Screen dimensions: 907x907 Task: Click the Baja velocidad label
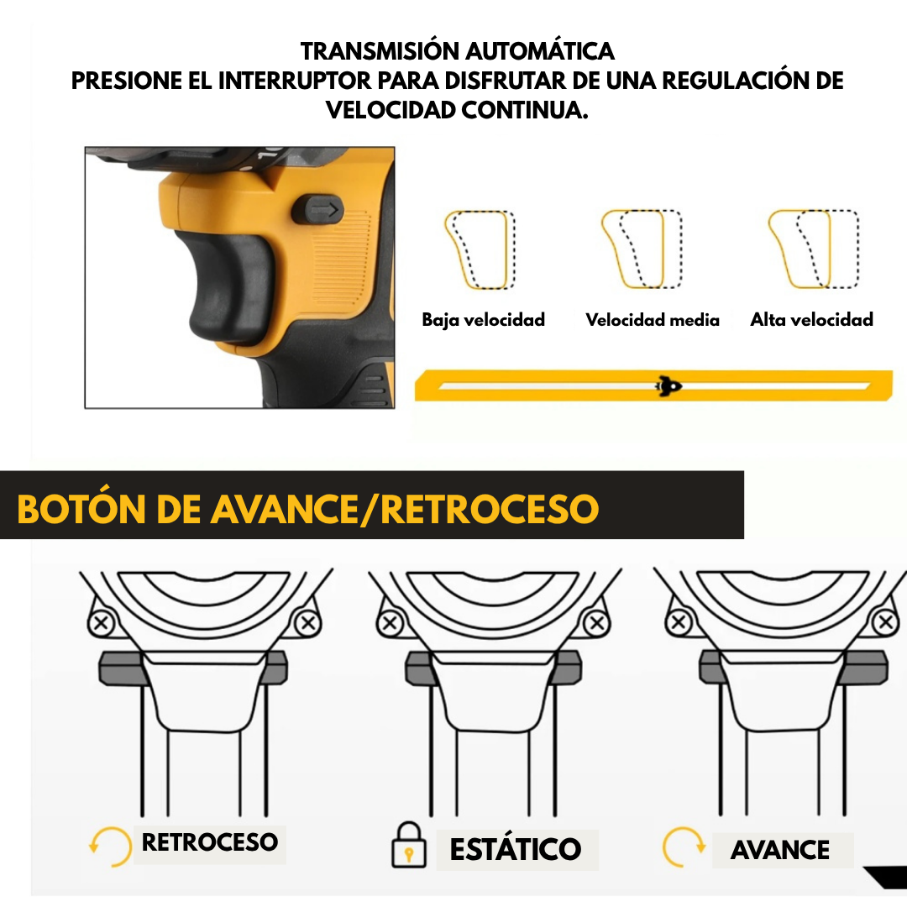point(483,320)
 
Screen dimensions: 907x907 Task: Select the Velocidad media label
point(653,320)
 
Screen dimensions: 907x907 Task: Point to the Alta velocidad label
point(811,320)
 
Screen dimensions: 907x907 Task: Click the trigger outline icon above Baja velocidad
point(480,249)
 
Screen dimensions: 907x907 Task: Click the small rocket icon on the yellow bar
point(668,386)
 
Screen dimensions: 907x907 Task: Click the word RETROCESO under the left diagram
point(210,842)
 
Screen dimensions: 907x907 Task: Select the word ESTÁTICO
point(516,849)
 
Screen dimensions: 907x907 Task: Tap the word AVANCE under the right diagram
point(780,850)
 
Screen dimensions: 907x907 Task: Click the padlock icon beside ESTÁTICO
point(409,846)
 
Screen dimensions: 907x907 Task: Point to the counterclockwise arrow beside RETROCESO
point(110,847)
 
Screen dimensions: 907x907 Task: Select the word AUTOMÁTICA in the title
point(541,51)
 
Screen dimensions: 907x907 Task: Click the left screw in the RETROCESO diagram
point(103,623)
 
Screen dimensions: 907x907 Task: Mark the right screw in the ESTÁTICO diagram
point(597,624)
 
